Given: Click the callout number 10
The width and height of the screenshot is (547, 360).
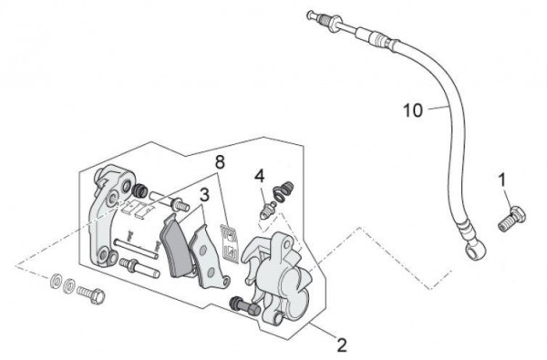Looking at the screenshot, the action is [x=413, y=110].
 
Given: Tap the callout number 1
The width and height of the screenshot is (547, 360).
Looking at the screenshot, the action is [x=502, y=180].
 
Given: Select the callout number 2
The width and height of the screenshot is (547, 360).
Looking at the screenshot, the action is [x=342, y=345].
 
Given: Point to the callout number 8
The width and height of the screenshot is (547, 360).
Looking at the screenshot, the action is [x=220, y=162].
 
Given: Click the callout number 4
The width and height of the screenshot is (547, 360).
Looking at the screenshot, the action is [x=260, y=176].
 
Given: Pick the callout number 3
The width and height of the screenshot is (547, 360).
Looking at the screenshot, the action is [x=204, y=195].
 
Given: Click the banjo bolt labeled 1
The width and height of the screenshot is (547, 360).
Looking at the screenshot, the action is [x=511, y=219].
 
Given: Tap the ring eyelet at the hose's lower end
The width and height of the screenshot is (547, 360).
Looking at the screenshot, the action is [x=475, y=250].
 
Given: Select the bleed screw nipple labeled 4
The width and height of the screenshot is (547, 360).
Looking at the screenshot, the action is [x=267, y=210].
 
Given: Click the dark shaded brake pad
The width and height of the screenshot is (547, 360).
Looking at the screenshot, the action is [x=175, y=246].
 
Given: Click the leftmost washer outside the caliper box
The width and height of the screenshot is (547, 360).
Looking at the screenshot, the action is [x=55, y=281].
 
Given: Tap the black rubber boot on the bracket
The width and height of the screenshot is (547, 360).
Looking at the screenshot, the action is [x=139, y=190].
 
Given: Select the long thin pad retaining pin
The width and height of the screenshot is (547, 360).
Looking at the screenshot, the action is [x=136, y=249].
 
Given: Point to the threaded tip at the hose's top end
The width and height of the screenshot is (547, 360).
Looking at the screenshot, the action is [x=318, y=18].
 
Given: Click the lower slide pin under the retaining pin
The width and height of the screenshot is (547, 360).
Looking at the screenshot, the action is [x=139, y=268].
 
